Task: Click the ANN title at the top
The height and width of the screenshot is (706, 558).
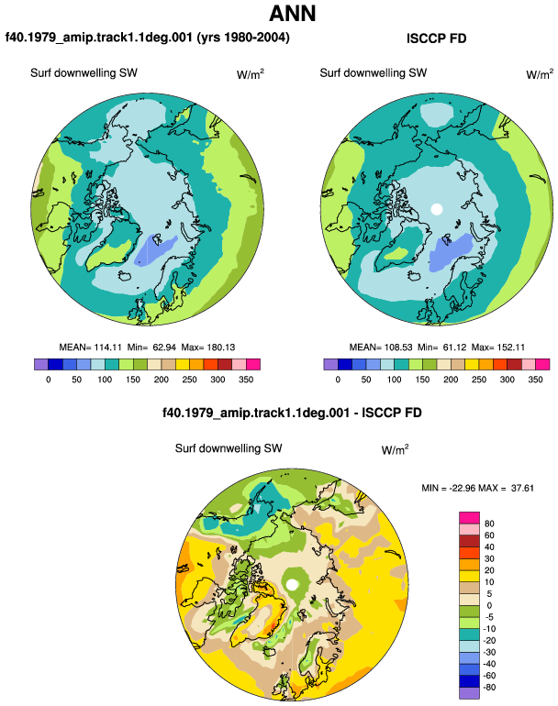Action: coord(292,13)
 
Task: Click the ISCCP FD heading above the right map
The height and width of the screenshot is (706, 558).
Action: coord(436,39)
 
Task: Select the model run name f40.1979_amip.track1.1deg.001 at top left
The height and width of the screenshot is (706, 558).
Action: coord(99,38)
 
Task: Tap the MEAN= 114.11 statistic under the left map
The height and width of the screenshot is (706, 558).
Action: coord(91,347)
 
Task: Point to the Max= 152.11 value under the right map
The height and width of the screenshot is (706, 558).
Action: coord(498,347)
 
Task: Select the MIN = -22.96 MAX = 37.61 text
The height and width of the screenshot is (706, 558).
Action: coord(478,488)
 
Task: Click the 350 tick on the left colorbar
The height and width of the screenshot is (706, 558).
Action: coord(246,380)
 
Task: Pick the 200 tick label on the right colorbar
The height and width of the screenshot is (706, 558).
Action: coord(451,380)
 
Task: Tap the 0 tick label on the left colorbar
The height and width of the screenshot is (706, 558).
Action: coord(49,380)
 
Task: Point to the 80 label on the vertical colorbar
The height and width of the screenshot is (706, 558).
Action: coord(489,524)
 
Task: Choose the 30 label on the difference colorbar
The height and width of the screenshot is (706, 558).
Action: coord(489,558)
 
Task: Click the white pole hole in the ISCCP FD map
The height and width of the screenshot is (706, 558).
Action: coord(436,209)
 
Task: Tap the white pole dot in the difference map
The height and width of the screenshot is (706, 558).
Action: coord(292,584)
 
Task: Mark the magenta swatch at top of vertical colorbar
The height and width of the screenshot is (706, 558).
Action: coord(469,517)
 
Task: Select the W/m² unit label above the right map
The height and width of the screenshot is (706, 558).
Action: coord(540,74)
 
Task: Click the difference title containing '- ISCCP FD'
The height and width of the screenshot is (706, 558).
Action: coord(292,413)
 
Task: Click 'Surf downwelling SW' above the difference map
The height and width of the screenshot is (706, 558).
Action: coord(229,448)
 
